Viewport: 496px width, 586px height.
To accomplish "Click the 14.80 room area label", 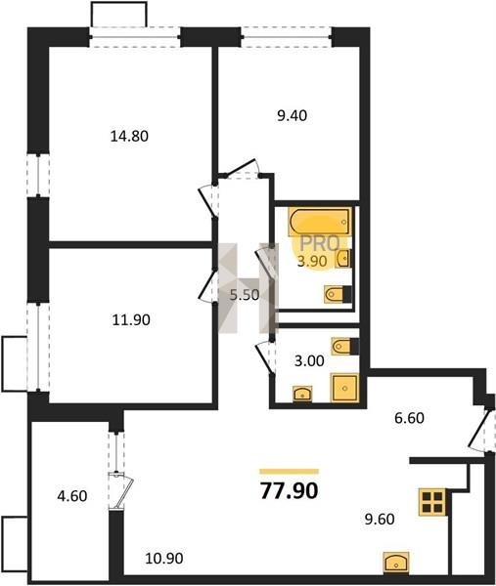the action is (x=129, y=136).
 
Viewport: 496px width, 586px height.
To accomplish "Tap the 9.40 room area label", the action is (x=292, y=116).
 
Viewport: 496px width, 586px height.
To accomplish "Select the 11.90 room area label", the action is (x=131, y=320).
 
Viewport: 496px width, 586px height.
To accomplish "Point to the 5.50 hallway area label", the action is (x=245, y=295).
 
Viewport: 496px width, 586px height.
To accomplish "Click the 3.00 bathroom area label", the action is (x=309, y=361).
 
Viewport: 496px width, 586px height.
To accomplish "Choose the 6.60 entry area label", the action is (x=409, y=418).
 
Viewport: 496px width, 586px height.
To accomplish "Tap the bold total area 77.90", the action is (x=289, y=490).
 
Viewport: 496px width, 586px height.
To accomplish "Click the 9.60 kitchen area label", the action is (x=380, y=520).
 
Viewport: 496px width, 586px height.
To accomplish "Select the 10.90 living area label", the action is (x=164, y=559).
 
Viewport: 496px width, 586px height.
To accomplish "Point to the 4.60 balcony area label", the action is (x=72, y=496).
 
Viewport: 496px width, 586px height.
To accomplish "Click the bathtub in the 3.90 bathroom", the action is (x=320, y=222).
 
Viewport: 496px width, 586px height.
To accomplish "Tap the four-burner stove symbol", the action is (x=433, y=502).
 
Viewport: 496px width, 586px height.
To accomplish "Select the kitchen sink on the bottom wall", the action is (x=396, y=563).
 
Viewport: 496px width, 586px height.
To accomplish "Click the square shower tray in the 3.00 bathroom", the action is (x=344, y=388).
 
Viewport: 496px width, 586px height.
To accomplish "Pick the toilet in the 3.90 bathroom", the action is (x=338, y=294).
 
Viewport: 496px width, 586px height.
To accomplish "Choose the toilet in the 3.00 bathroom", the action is (x=345, y=346).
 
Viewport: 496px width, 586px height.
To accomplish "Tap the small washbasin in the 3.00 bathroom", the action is (x=302, y=394).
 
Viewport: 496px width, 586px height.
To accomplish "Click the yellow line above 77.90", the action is (x=289, y=472).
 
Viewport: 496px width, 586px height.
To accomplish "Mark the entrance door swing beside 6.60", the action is (x=479, y=431).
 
